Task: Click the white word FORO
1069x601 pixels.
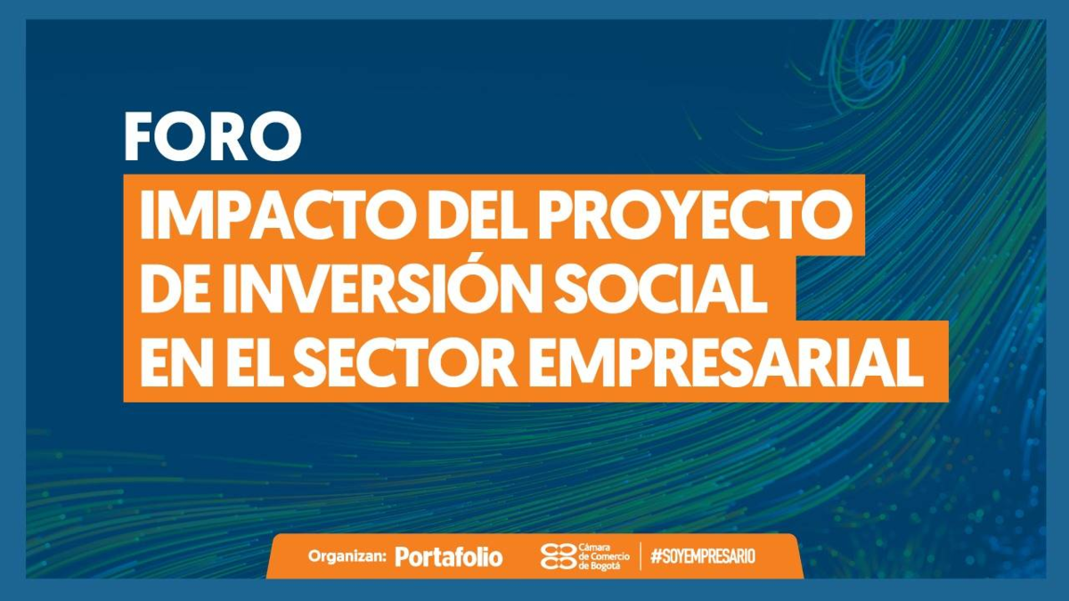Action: [213, 137]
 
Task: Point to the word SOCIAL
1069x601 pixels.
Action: [663, 289]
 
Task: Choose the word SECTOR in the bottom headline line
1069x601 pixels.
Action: [404, 362]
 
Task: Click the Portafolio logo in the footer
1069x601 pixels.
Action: [449, 556]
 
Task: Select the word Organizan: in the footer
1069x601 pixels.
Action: [347, 556]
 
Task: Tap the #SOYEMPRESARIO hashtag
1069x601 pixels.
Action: [703, 556]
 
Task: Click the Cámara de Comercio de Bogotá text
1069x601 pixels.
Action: [604, 556]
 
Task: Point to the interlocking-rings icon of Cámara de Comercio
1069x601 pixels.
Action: [559, 556]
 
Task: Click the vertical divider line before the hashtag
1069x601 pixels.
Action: [641, 556]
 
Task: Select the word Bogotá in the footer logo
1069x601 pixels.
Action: [603, 566]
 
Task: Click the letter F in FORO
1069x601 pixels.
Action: [139, 137]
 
